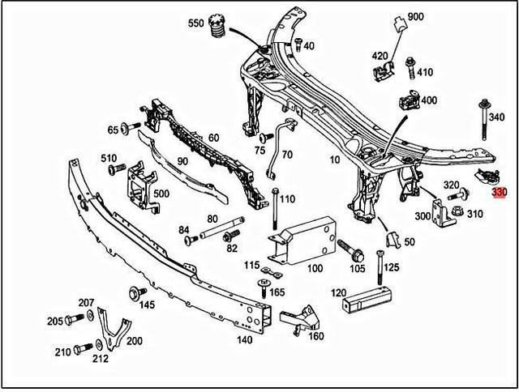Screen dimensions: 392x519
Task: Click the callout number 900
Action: tap(415, 17)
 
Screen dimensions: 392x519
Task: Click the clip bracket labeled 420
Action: tap(382, 73)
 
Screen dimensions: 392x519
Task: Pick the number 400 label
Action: tap(428, 100)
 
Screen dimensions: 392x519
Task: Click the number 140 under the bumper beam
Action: tap(244, 340)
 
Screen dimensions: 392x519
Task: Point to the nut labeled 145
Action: tap(133, 292)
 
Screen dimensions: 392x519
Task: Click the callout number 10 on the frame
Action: tap(335, 160)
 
